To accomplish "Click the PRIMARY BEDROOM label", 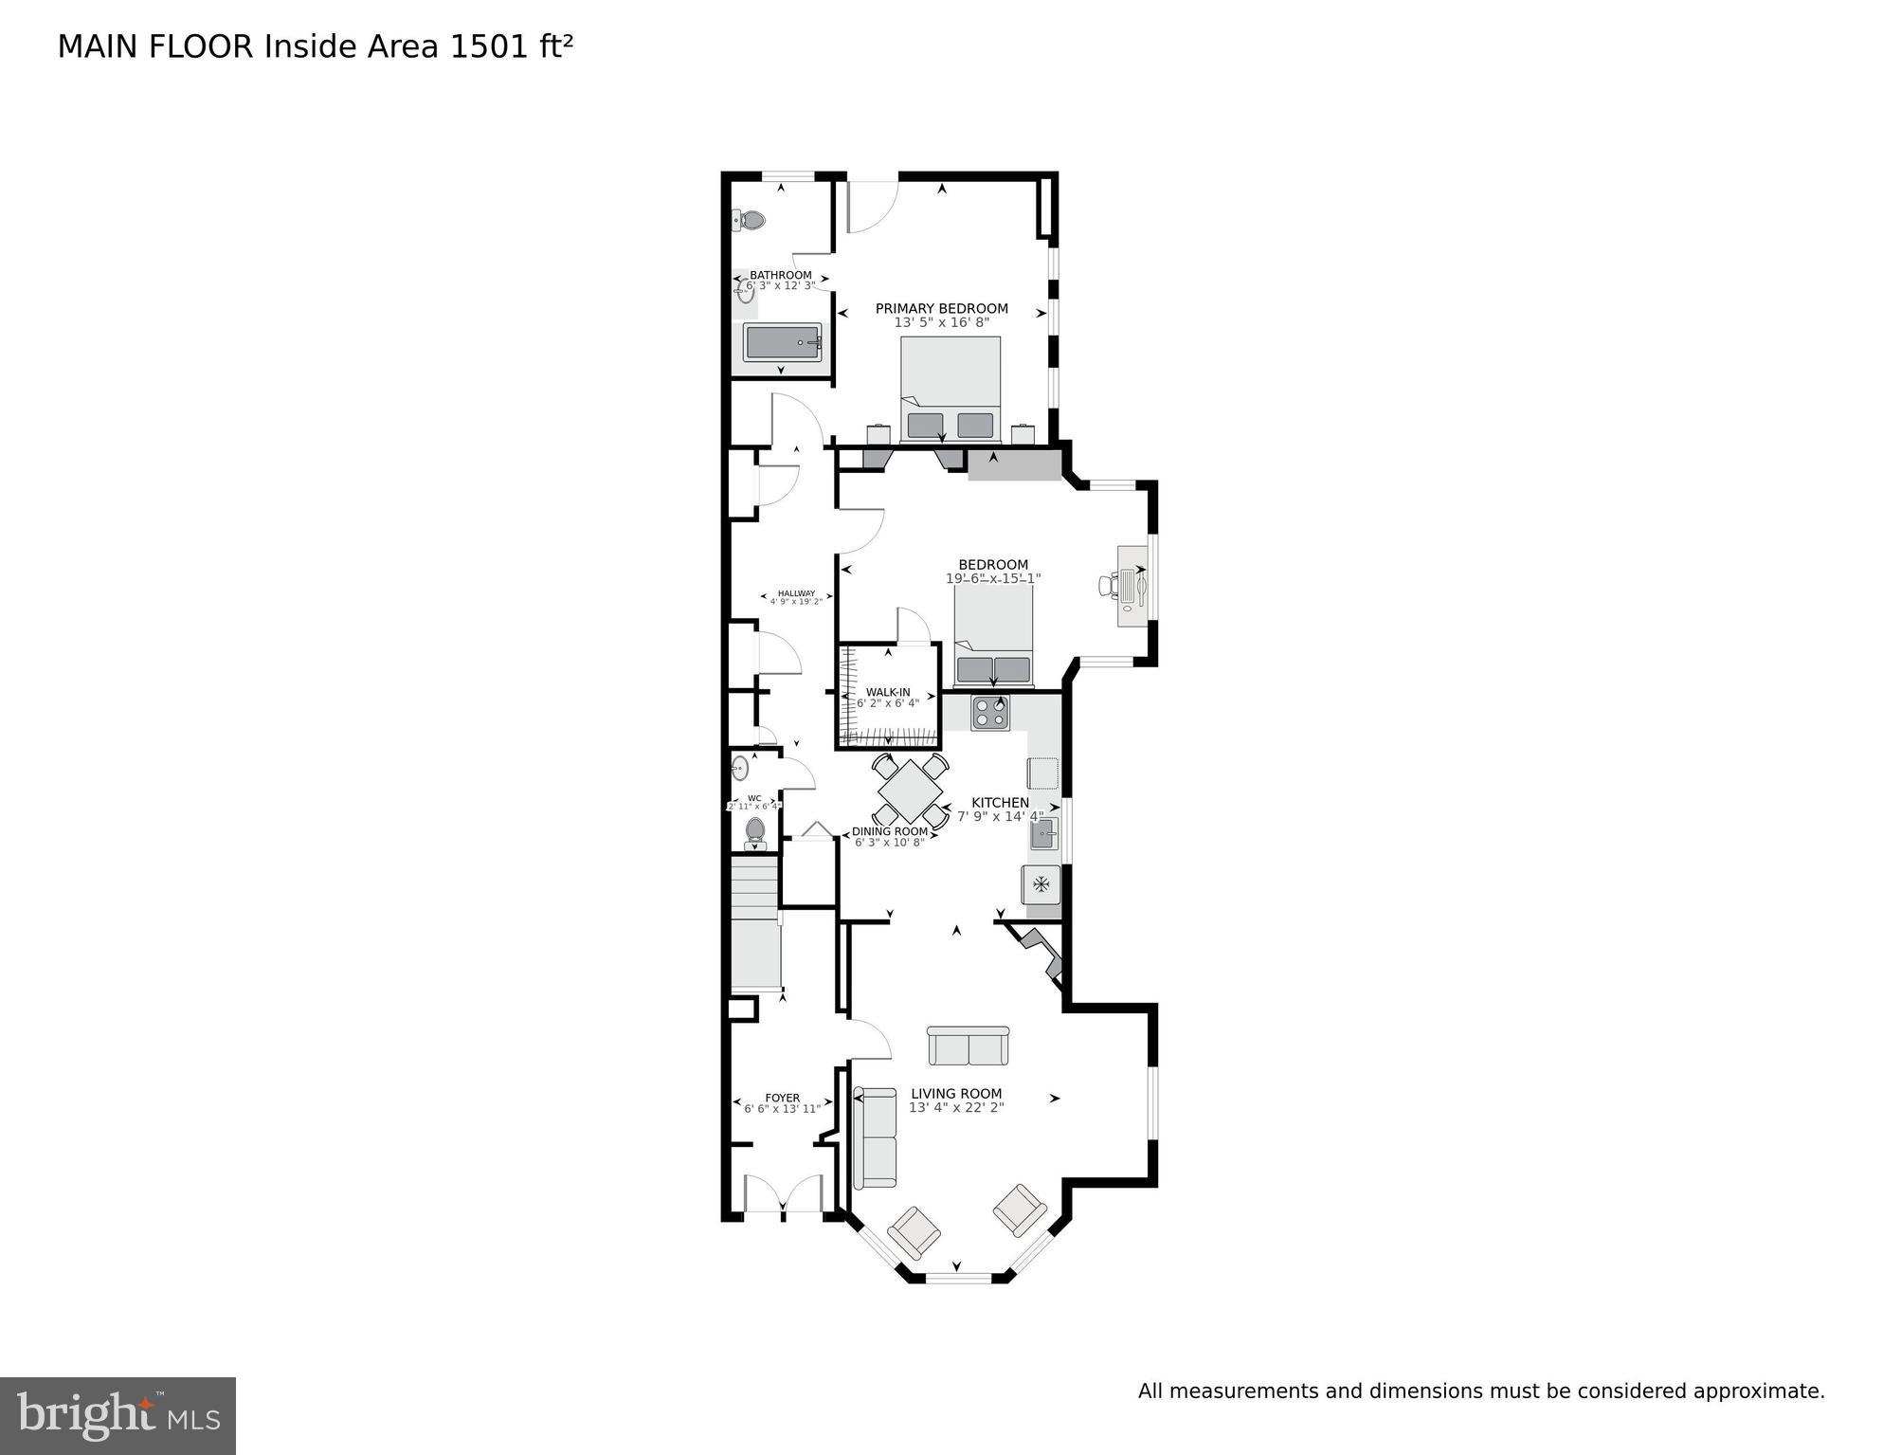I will [x=941, y=308].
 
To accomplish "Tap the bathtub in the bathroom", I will [x=782, y=342].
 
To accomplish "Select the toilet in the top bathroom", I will [x=751, y=221].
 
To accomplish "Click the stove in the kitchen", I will [x=989, y=712].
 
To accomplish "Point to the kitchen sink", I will [x=1043, y=836].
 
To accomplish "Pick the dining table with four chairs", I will [x=910, y=791].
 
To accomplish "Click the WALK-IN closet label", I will [x=887, y=692].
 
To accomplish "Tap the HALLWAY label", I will [x=796, y=593].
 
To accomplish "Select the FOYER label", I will [x=783, y=1098].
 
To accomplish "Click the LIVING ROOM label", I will [x=956, y=1093].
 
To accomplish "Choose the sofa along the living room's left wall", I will [x=875, y=1137].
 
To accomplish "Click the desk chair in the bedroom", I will [x=1108, y=585].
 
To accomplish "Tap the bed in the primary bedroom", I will [x=951, y=389].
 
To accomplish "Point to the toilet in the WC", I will [x=755, y=831].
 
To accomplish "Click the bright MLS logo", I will [x=118, y=1415].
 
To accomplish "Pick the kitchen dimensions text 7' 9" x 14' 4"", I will [x=1000, y=816].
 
